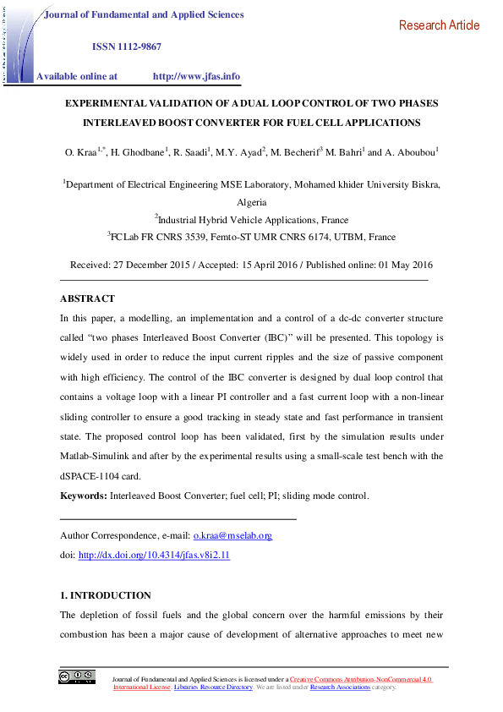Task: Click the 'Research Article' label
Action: pyautogui.click(x=439, y=25)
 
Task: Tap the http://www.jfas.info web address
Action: pyautogui.click(x=196, y=76)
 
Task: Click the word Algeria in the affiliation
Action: pyautogui.click(x=251, y=202)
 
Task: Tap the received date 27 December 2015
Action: pyautogui.click(x=151, y=264)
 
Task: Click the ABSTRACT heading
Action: pyautogui.click(x=87, y=298)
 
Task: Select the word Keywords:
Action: pyautogui.click(x=84, y=496)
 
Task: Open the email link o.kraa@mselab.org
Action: pyautogui.click(x=232, y=535)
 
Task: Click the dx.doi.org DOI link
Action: pyautogui.click(x=154, y=556)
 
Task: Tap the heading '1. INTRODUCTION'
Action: pyautogui.click(x=106, y=595)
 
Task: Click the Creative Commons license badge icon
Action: pyautogui.click(x=76, y=676)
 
